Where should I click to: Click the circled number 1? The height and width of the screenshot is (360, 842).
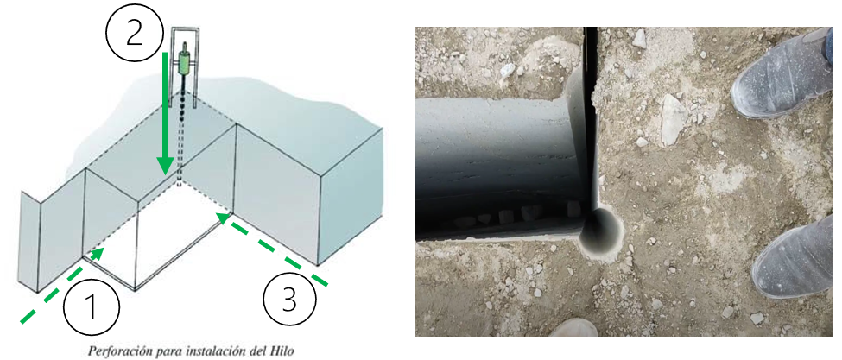[x=92, y=306]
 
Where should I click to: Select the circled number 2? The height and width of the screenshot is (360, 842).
[x=134, y=34]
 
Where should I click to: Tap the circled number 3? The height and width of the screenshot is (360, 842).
[x=289, y=300]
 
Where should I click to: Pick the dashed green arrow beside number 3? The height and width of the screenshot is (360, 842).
[x=271, y=249]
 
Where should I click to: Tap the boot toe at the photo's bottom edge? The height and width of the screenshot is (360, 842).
[x=573, y=328]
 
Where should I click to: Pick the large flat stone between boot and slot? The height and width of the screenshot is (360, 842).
[x=674, y=120]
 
